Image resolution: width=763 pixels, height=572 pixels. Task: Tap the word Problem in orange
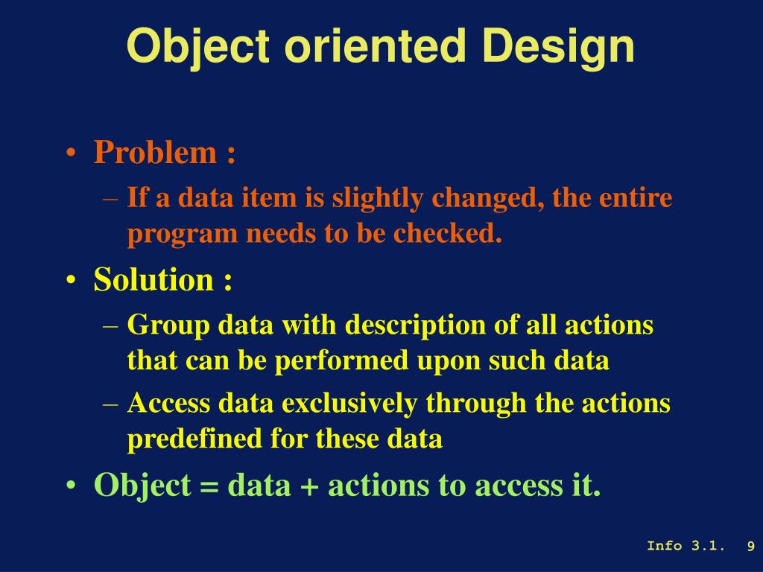155,152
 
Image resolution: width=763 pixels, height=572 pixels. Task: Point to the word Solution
153,280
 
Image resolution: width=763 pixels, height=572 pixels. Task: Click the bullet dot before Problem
71,153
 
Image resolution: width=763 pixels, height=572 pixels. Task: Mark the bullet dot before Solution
71,281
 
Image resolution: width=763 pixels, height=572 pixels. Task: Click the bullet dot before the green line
71,486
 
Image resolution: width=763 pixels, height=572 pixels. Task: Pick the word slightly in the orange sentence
377,199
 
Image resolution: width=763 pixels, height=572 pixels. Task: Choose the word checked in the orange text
447,233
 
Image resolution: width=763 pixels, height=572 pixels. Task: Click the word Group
168,325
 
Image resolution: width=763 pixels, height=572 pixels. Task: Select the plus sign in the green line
309,486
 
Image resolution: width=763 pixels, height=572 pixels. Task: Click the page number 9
751,546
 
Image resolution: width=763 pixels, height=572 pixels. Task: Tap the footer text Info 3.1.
686,546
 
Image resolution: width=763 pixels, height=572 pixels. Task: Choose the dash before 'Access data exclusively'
111,404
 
